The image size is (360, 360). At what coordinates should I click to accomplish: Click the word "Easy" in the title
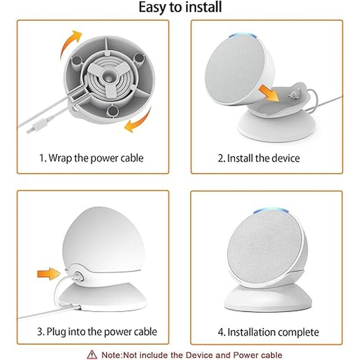click(153, 7)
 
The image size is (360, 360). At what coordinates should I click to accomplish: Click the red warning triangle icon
click(92, 355)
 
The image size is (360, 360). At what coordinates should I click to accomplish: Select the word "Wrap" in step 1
click(60, 158)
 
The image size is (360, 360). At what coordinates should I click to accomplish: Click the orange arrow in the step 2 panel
click(269, 93)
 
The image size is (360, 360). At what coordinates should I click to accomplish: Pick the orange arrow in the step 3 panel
click(49, 274)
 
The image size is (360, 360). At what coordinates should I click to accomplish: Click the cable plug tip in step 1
click(29, 131)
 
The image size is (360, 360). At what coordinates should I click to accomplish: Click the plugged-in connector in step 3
click(78, 275)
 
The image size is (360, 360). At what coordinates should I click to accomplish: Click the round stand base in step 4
click(268, 298)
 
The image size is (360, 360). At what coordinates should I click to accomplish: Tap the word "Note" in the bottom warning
click(111, 355)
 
